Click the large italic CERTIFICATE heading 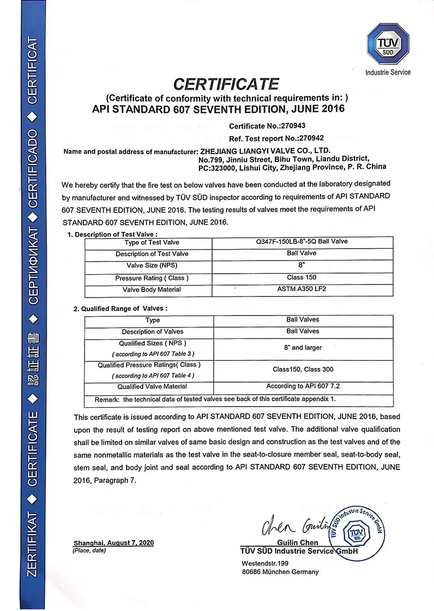226,84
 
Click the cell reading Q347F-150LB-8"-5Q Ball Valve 302,241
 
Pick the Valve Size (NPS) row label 152,265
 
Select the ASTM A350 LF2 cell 302,289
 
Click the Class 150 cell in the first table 302,277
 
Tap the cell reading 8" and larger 303,347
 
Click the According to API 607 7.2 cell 303,386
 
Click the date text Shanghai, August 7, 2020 114,543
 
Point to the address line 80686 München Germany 280,572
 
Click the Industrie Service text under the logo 388,72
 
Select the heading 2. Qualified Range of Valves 120,308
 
